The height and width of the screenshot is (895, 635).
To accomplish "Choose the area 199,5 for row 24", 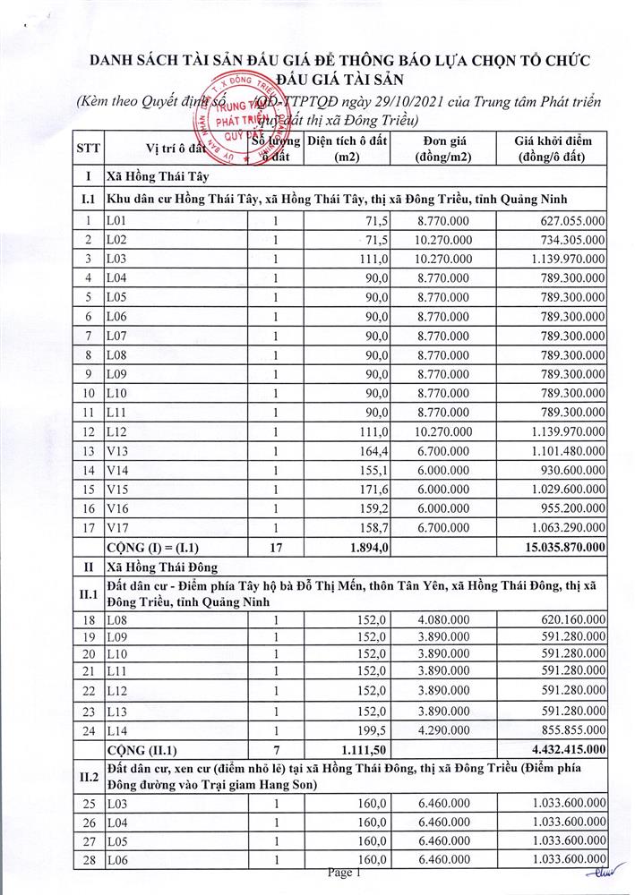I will pyautogui.click(x=373, y=729).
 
